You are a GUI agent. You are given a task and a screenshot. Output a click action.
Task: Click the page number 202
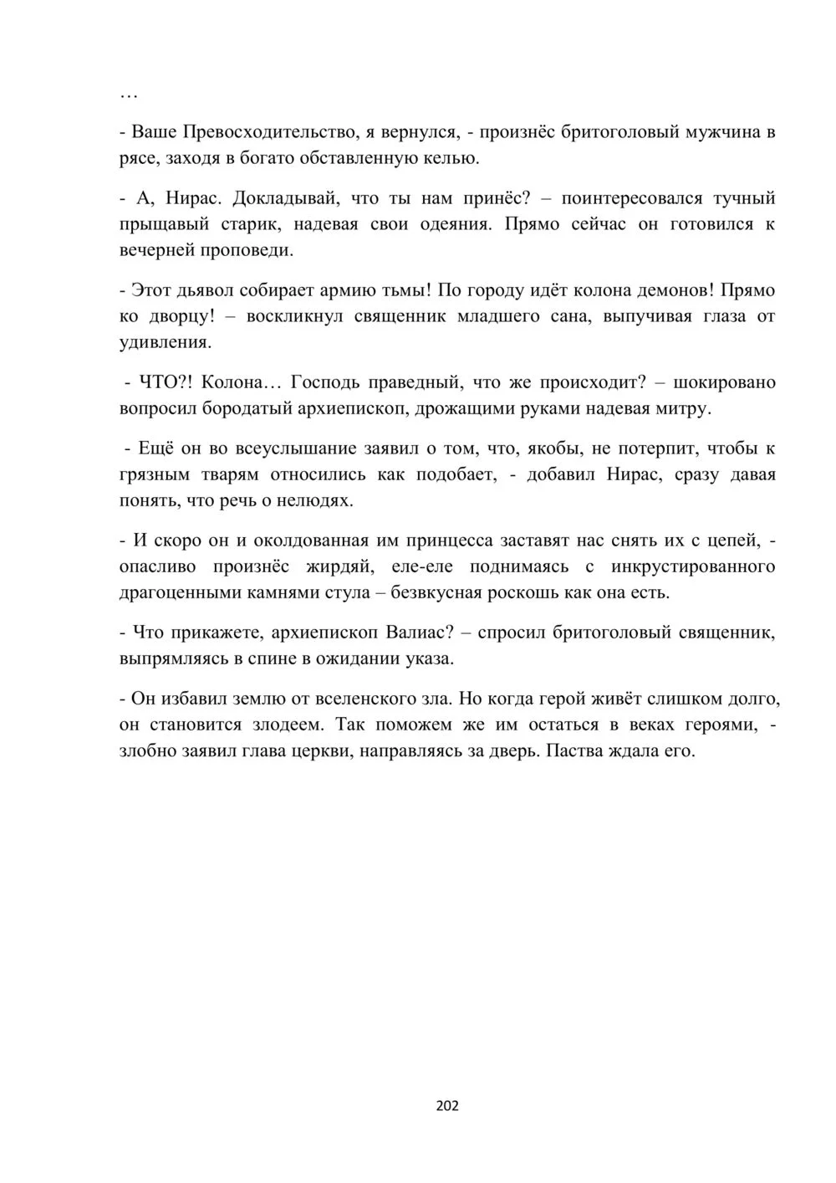[x=447, y=1106]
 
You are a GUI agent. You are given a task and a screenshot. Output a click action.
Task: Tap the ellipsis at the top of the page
[x=128, y=95]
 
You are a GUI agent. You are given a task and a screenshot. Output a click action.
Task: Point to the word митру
[x=685, y=408]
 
